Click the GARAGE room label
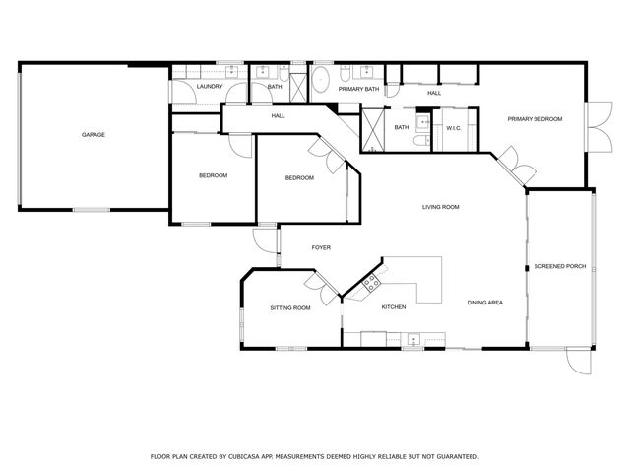(94, 134)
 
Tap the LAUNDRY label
(209, 87)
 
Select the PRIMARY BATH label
(358, 90)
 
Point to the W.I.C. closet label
(454, 127)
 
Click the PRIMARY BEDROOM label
(535, 119)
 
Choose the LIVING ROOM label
(441, 207)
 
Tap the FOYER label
(321, 247)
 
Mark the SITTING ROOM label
(290, 308)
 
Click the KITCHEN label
(394, 307)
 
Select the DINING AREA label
(485, 303)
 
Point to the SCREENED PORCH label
(560, 266)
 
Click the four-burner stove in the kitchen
(372, 285)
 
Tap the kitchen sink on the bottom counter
(412, 340)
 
